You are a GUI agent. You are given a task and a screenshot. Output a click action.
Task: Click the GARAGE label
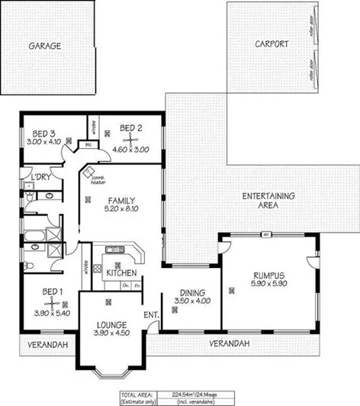tap(45, 45)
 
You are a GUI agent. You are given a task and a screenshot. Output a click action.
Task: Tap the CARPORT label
tap(271, 44)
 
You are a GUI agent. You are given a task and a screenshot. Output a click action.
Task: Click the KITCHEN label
tap(121, 272)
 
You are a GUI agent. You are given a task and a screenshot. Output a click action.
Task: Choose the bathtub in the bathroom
tap(34, 235)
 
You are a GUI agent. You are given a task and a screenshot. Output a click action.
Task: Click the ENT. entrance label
tap(150, 314)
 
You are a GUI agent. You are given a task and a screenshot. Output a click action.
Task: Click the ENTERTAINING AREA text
tap(269, 200)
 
